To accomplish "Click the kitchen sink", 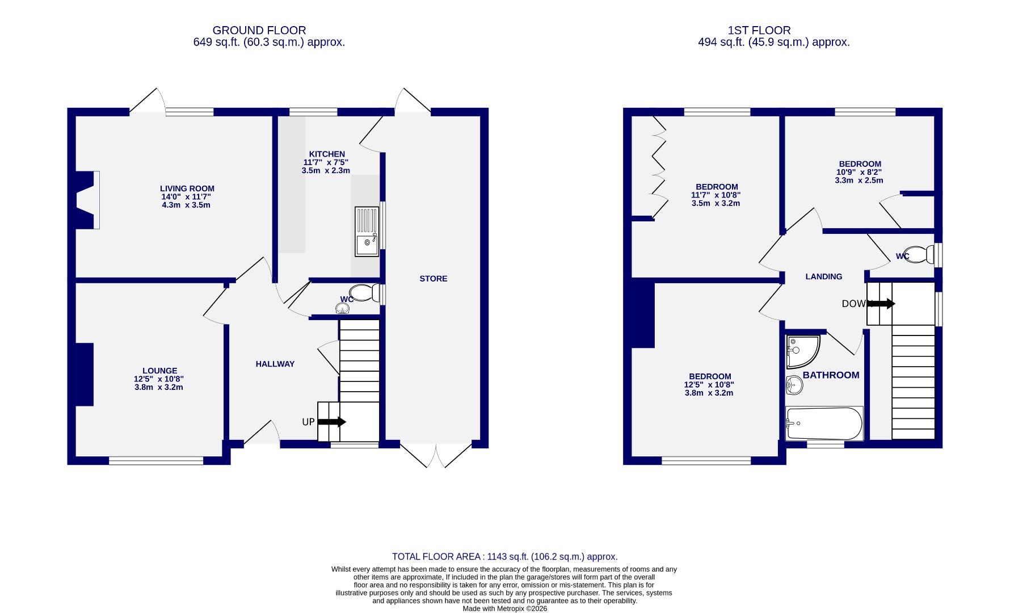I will pyautogui.click(x=367, y=232).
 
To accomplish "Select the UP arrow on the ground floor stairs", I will pyautogui.click(x=332, y=422).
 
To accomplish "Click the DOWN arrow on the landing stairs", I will pyautogui.click(x=881, y=304).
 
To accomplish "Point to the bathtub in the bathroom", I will pyautogui.click(x=824, y=423).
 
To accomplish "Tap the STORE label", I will pyautogui.click(x=433, y=279).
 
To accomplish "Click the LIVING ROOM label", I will pyautogui.click(x=187, y=188).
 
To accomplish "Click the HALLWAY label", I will pyautogui.click(x=275, y=364).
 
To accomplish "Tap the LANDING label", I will pyautogui.click(x=823, y=276).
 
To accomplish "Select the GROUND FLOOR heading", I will pyautogui.click(x=259, y=30).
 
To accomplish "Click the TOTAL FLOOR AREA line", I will pyautogui.click(x=504, y=557).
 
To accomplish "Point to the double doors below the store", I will pyautogui.click(x=436, y=455).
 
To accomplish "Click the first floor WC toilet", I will pyautogui.click(x=918, y=255).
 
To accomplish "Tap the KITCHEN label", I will pyautogui.click(x=326, y=154).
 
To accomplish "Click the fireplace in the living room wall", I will pyautogui.click(x=87, y=200).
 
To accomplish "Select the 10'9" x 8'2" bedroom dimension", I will pyautogui.click(x=859, y=172).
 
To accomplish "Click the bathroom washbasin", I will pyautogui.click(x=794, y=385).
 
